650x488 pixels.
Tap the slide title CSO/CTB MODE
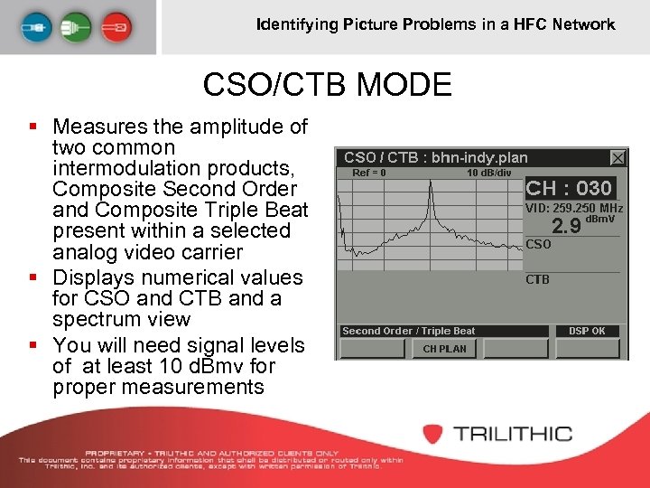[x=327, y=85]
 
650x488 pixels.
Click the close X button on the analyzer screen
[x=617, y=157]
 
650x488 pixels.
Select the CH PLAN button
[x=444, y=349]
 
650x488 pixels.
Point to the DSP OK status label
[x=587, y=331]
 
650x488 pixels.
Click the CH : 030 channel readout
[x=569, y=188]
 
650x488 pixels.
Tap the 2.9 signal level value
[x=566, y=225]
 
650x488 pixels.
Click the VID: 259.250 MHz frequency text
[x=574, y=208]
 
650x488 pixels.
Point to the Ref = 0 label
[x=369, y=173]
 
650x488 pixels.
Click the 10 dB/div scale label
[x=488, y=173]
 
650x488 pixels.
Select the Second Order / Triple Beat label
[x=408, y=331]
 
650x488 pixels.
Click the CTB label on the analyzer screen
[x=537, y=279]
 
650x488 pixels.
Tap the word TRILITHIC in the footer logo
[x=513, y=434]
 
